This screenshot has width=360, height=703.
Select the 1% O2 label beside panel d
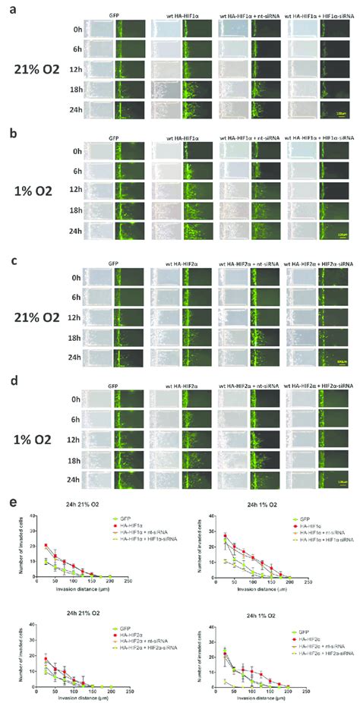(x=35, y=443)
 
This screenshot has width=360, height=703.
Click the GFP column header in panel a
(x=113, y=12)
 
